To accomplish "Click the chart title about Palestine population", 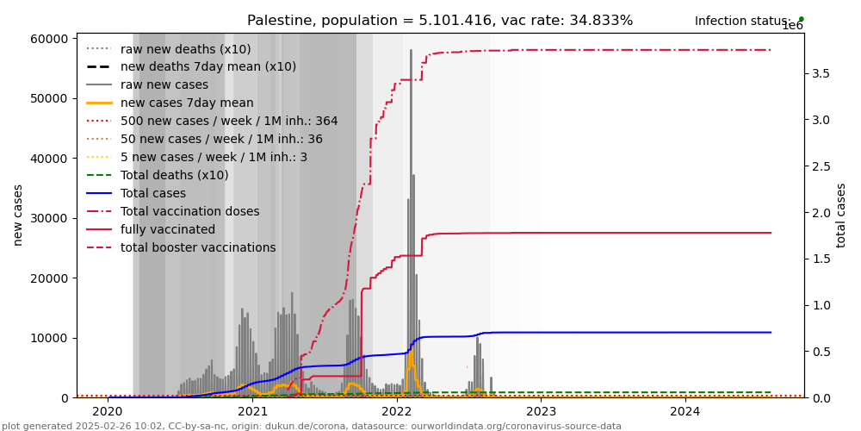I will (440, 21).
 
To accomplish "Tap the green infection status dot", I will (801, 19).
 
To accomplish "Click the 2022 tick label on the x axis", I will (397, 412).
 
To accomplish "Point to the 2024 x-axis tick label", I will (685, 412).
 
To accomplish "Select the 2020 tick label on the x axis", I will (108, 412).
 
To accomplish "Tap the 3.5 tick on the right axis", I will (821, 74).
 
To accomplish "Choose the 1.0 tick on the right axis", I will (821, 305).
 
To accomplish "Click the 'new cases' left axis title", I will (17, 215).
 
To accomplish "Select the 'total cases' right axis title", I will (842, 215).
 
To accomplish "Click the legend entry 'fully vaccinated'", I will (168, 230).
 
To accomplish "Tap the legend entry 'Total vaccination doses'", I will (189, 212).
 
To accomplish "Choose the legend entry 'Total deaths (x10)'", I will (174, 176).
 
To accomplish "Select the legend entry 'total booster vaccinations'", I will (198, 248).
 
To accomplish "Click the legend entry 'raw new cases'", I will (164, 85).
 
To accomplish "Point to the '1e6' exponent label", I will (792, 26).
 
